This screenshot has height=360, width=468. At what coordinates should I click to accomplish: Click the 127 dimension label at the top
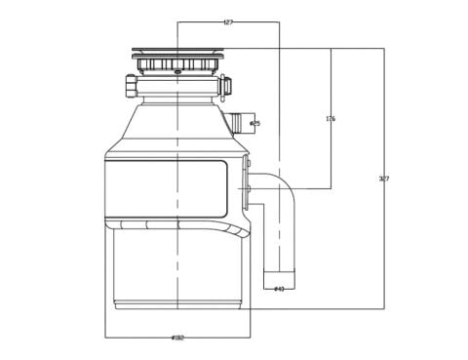(228, 21)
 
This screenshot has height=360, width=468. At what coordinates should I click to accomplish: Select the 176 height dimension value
(331, 119)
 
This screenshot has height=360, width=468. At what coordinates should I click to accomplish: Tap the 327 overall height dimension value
(383, 179)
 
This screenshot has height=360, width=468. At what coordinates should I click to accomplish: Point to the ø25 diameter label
(254, 124)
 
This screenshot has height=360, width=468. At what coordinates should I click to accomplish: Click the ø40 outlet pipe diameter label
(279, 289)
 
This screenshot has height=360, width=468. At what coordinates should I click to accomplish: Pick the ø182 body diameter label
(177, 338)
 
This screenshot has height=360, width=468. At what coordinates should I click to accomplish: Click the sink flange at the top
(177, 51)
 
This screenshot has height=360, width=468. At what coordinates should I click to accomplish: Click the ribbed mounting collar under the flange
(177, 65)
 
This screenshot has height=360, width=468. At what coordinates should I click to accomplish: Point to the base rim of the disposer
(177, 304)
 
